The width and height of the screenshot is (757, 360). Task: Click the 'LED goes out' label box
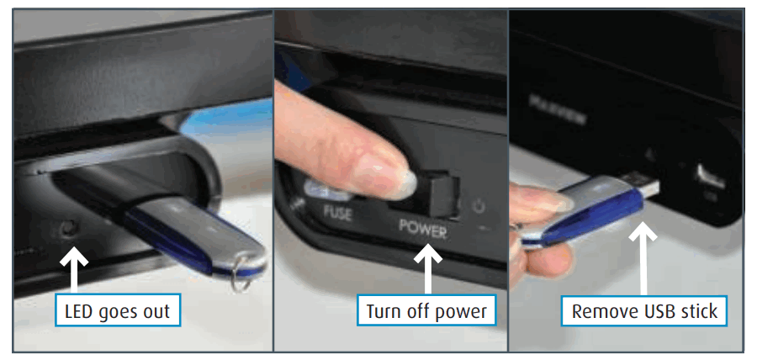click(117, 311)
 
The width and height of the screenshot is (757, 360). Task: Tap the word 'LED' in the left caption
click(80, 311)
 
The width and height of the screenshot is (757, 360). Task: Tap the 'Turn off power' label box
click(426, 311)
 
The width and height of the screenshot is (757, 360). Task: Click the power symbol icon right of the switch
click(480, 204)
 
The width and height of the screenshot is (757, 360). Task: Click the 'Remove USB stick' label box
click(644, 311)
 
